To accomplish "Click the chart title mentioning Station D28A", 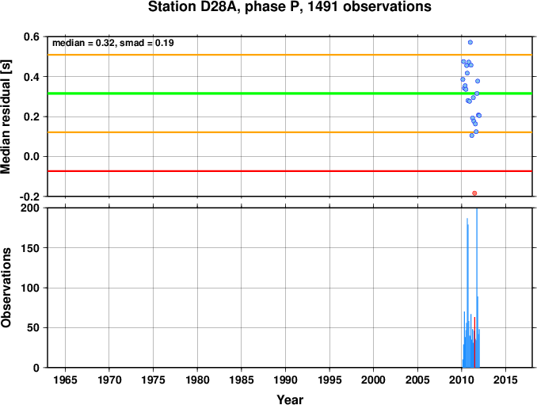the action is click(x=290, y=7).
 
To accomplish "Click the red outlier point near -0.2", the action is click(x=474, y=193).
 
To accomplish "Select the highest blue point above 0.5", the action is click(x=470, y=42).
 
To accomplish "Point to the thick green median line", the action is click(x=290, y=94).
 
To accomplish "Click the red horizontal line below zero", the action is click(x=290, y=171).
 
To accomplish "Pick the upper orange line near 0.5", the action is click(x=290, y=55).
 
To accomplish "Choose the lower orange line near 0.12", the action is click(x=290, y=132).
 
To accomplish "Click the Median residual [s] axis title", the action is click(x=6, y=117).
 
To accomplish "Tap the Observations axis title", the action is click(x=6, y=288).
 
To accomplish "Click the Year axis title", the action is click(x=290, y=399).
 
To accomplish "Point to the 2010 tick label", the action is click(x=461, y=380).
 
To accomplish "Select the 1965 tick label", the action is click(x=65, y=380).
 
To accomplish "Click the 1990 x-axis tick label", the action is click(x=285, y=380).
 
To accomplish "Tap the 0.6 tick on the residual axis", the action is click(x=31, y=36).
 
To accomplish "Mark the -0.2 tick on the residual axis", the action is click(x=29, y=197).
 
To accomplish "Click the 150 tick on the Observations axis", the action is click(x=30, y=248).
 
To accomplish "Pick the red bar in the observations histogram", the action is click(x=474, y=342).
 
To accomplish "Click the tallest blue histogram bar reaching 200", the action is click(x=477, y=288).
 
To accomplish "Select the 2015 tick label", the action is click(x=505, y=380).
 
